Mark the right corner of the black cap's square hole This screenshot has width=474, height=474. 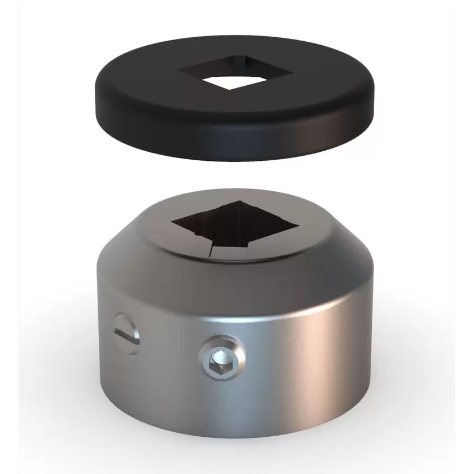(x=292, y=73)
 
